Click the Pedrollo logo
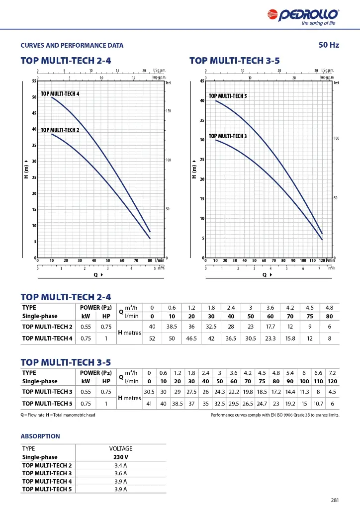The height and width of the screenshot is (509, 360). tap(303, 16)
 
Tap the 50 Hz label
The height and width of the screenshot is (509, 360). tap(329, 45)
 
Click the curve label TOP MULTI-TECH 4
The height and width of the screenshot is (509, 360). tap(60, 94)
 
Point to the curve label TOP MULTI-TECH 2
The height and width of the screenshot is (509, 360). tap(60, 130)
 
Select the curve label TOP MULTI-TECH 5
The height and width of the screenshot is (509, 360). tap(228, 96)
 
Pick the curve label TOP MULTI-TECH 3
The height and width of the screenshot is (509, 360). tap(228, 136)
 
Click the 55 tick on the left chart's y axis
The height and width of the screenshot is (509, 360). tap(34, 81)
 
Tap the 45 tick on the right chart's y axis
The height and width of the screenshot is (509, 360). tap(202, 81)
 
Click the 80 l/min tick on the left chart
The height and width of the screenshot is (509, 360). tap(150, 260)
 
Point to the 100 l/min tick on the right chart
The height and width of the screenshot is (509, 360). tap(303, 260)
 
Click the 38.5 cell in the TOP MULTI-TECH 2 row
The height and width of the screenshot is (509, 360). tap(172, 327)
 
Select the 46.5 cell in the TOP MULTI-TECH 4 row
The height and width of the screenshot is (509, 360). tap(191, 338)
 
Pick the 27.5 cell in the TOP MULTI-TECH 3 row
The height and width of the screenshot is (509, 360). tap(191, 392)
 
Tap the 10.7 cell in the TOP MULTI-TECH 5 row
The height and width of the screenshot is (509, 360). tap(318, 404)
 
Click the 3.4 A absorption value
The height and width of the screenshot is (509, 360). tap(121, 465)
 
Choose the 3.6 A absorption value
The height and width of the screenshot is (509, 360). tap(121, 473)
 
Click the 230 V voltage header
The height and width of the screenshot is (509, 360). tap(121, 457)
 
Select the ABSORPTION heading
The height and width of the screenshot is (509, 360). tap(40, 436)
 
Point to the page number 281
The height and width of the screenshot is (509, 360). tap(335, 500)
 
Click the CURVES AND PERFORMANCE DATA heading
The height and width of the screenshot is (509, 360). tap(72, 45)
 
